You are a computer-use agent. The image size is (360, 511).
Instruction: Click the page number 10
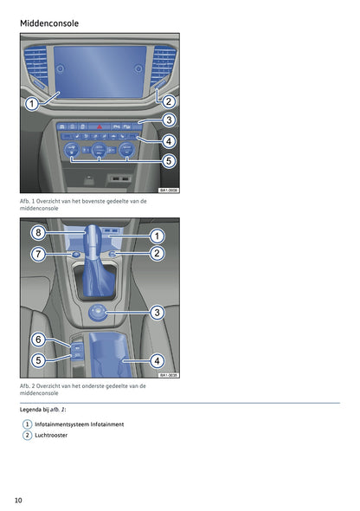click(18, 500)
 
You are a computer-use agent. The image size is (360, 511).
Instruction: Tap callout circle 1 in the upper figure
click(30, 104)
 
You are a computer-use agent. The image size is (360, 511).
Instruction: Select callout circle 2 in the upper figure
click(169, 101)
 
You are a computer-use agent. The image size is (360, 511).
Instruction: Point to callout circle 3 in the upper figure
click(169, 120)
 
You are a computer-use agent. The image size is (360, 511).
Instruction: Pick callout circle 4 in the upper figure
click(169, 140)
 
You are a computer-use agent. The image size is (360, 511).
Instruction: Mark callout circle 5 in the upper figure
click(169, 160)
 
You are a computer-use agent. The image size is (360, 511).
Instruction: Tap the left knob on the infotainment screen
click(60, 68)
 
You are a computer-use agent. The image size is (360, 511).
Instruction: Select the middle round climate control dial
click(100, 150)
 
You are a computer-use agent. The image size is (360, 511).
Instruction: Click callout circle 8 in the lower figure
click(37, 233)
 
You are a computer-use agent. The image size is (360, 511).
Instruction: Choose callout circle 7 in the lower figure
click(37, 254)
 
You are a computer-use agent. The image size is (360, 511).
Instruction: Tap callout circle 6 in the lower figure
click(37, 339)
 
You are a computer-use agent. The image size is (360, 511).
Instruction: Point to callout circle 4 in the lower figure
click(157, 359)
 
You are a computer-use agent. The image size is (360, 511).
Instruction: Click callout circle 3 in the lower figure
click(157, 312)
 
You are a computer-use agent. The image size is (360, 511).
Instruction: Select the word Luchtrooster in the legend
click(51, 435)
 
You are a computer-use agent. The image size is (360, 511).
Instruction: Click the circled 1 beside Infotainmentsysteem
click(27, 424)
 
